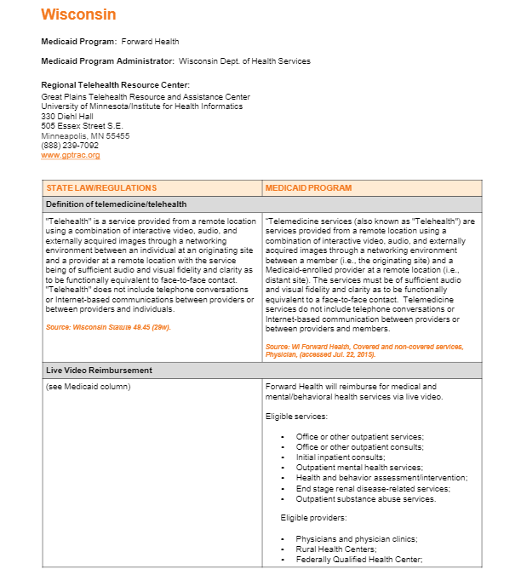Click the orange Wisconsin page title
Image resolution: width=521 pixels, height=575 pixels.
(78, 14)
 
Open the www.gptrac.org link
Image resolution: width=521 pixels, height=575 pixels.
(71, 155)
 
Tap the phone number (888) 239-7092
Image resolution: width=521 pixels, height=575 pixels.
(70, 145)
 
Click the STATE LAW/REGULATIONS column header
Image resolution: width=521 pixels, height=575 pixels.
(101, 188)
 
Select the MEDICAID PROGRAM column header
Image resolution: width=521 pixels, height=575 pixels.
(308, 188)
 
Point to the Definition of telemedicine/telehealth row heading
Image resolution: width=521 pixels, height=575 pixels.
(116, 204)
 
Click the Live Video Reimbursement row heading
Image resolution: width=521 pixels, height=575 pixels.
(99, 371)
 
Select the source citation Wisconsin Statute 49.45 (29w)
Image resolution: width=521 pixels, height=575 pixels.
(108, 326)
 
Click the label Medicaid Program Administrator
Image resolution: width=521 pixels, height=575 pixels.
(108, 61)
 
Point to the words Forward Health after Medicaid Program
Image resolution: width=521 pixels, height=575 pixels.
(150, 41)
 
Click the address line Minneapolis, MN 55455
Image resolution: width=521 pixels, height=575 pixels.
(85, 135)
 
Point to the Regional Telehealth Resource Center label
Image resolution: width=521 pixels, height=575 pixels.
(115, 84)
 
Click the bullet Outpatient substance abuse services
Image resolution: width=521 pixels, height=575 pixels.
(365, 499)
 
